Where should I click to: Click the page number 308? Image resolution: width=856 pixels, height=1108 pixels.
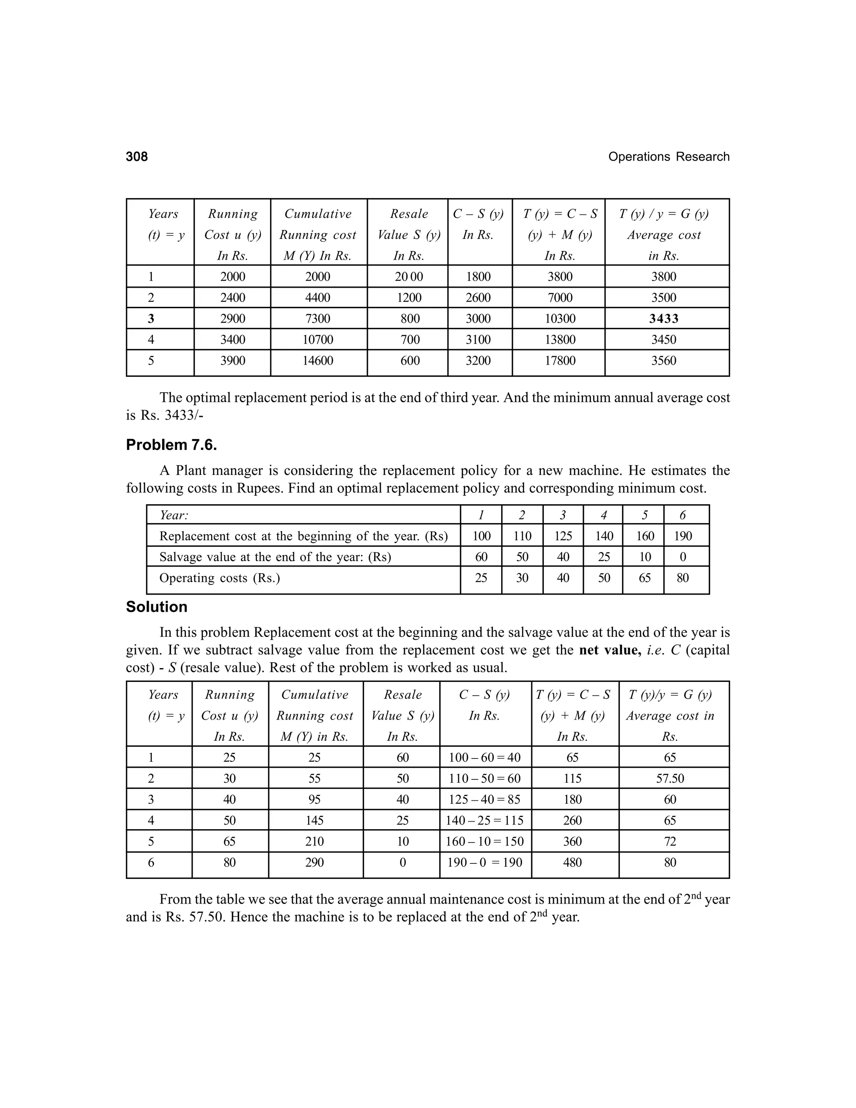[137, 157]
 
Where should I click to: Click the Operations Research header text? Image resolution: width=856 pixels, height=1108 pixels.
[668, 157]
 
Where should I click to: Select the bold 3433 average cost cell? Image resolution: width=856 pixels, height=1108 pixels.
[664, 319]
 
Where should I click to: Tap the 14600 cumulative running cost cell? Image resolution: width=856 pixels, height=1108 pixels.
[318, 361]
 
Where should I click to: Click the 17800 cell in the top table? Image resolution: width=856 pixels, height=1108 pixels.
[560, 361]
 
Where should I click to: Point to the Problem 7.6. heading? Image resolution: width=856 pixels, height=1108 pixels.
[171, 445]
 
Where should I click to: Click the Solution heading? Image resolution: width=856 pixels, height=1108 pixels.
[157, 607]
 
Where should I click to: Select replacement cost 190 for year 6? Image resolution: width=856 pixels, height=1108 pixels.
[683, 536]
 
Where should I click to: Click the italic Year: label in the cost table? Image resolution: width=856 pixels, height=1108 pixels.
[174, 516]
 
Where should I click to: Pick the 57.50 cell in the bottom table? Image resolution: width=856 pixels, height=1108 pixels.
[670, 778]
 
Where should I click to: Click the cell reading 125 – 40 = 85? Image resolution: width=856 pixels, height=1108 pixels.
[485, 799]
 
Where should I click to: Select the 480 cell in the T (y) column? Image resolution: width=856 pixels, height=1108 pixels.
[573, 863]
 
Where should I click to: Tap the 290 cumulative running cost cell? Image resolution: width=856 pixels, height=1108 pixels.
[314, 863]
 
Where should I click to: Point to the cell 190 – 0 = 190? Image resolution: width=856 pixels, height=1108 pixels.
[485, 863]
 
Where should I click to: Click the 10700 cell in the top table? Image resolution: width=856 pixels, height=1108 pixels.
[318, 340]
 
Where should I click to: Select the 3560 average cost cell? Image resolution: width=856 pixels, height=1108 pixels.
[664, 361]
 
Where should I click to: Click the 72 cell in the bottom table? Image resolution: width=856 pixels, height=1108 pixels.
[670, 842]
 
